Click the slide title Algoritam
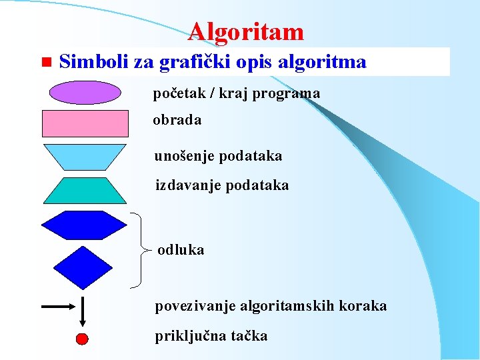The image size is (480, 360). (x=245, y=31)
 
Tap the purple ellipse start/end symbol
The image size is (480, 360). (x=85, y=93)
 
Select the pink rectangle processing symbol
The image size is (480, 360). (x=85, y=123)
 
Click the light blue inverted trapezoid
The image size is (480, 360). (x=85, y=157)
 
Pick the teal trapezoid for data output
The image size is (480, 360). (x=85, y=190)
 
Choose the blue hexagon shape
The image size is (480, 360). (x=84, y=225)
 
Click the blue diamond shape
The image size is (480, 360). (x=83, y=267)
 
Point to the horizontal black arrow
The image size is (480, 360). (x=59, y=307)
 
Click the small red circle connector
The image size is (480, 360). (x=82, y=339)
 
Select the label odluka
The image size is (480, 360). (x=181, y=250)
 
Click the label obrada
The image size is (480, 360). (x=177, y=121)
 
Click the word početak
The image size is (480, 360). (x=177, y=93)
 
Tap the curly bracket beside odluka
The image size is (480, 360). (x=139, y=251)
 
